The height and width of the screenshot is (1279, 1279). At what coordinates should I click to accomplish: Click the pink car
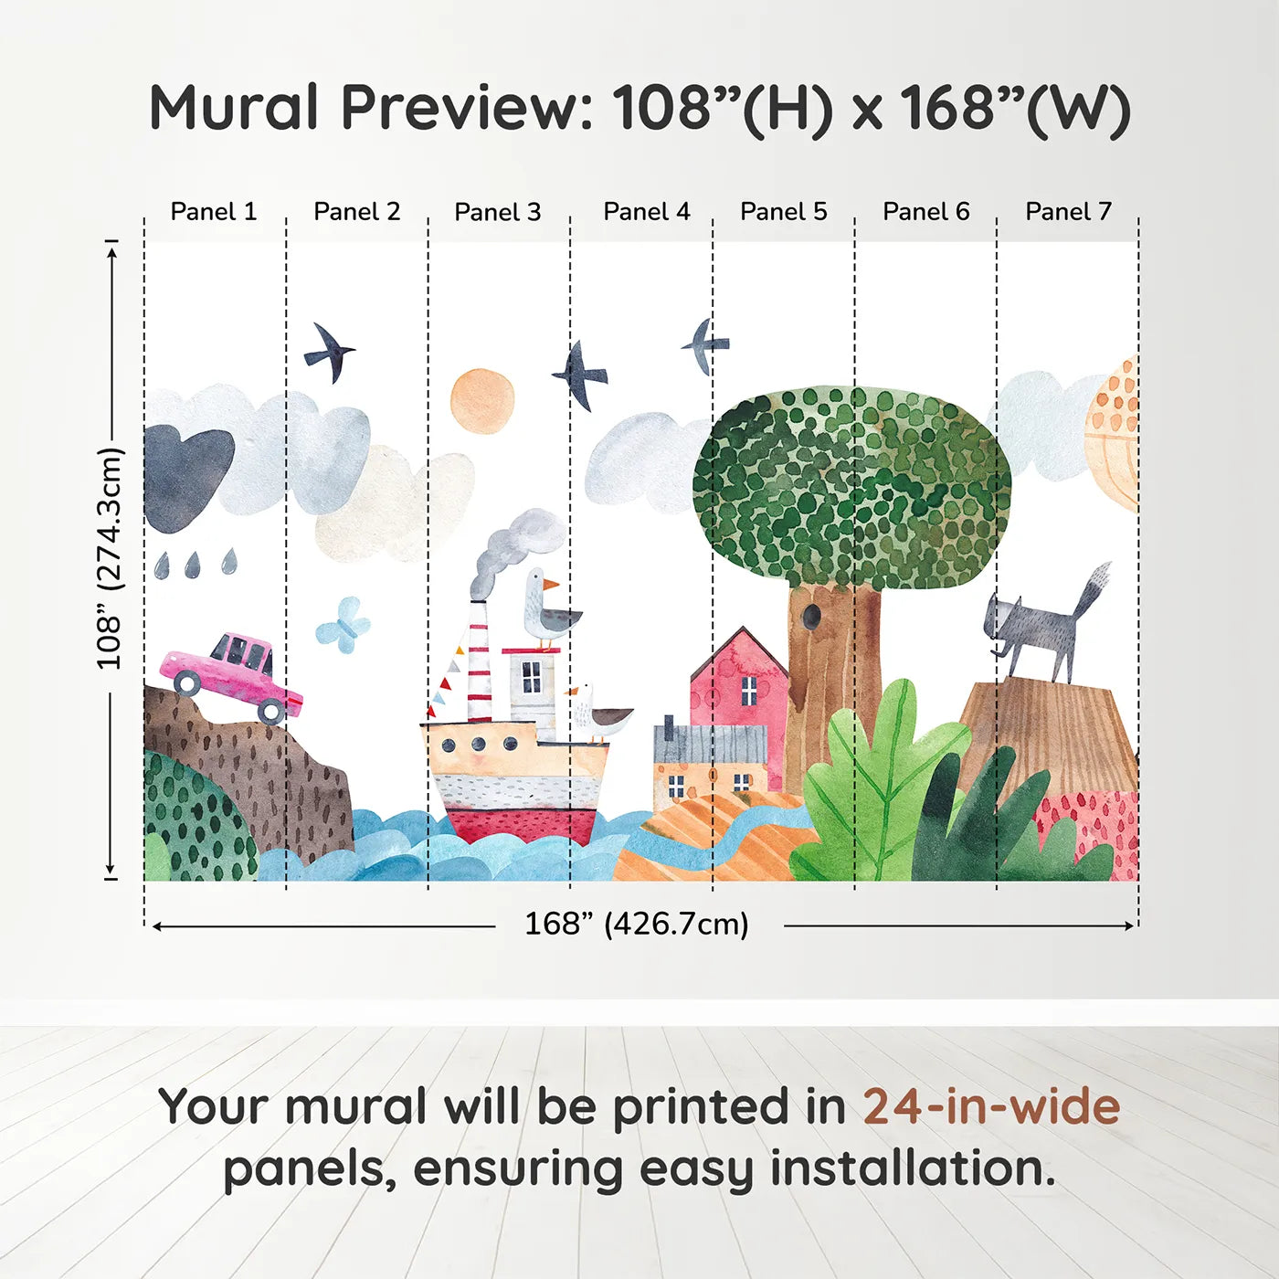click(x=231, y=678)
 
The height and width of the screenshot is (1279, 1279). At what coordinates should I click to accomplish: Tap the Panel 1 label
click(x=213, y=212)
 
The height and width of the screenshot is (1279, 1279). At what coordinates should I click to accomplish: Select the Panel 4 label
click(x=647, y=212)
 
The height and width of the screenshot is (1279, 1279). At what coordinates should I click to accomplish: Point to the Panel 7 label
click(x=1068, y=212)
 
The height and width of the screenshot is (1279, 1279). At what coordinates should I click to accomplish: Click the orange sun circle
click(x=482, y=401)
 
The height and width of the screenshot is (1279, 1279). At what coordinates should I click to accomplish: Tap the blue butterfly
click(x=344, y=625)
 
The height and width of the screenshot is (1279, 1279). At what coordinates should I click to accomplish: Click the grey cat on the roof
click(x=1045, y=625)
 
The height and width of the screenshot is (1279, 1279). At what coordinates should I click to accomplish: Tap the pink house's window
click(x=748, y=691)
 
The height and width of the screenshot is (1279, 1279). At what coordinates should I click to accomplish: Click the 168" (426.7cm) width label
click(x=637, y=924)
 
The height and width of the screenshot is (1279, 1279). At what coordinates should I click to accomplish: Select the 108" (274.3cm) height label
click(x=111, y=558)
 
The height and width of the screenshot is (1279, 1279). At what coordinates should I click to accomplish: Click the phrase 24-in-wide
click(x=991, y=1106)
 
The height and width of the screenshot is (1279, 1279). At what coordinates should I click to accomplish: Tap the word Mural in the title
click(x=234, y=107)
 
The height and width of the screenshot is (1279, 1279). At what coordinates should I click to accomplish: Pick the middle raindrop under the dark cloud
click(x=193, y=565)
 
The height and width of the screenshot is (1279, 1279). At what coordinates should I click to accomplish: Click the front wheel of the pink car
click(x=271, y=711)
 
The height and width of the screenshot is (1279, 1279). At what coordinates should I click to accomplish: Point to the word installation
click(x=913, y=1168)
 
